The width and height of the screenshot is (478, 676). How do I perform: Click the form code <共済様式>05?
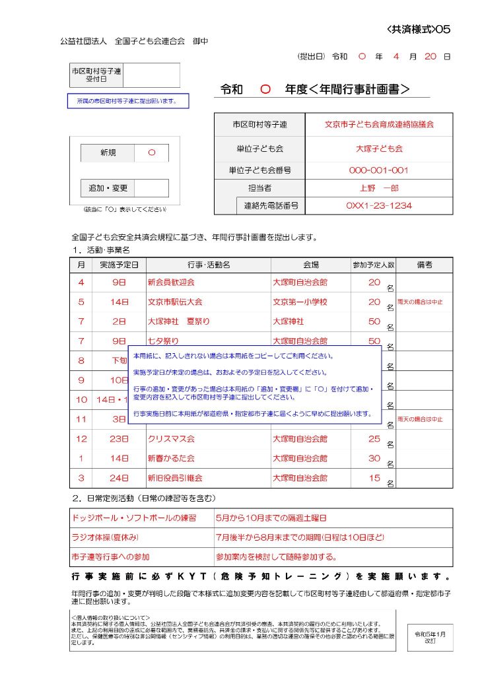click(419, 29)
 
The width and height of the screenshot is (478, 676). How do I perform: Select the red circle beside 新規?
click(152, 152)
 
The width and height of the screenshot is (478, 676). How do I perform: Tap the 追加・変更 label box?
click(108, 188)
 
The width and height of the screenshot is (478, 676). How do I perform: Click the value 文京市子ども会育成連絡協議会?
click(379, 124)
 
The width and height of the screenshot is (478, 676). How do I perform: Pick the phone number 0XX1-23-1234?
click(379, 205)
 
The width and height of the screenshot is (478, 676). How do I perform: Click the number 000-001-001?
click(379, 170)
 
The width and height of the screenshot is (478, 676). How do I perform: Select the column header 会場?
click(310, 265)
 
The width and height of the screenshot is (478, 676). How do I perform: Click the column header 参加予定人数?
click(373, 265)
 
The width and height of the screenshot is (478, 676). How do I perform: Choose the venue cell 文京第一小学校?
click(300, 302)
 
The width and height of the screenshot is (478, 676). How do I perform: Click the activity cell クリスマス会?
click(171, 438)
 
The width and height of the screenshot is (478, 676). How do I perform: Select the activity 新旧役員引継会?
click(175, 477)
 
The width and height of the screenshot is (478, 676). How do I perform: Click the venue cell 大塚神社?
click(289, 321)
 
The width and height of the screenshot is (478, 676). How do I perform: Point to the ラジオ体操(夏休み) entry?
click(106, 538)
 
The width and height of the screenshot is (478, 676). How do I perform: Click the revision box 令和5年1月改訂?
click(430, 637)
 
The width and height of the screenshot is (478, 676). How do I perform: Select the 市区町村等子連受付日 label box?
click(96, 75)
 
